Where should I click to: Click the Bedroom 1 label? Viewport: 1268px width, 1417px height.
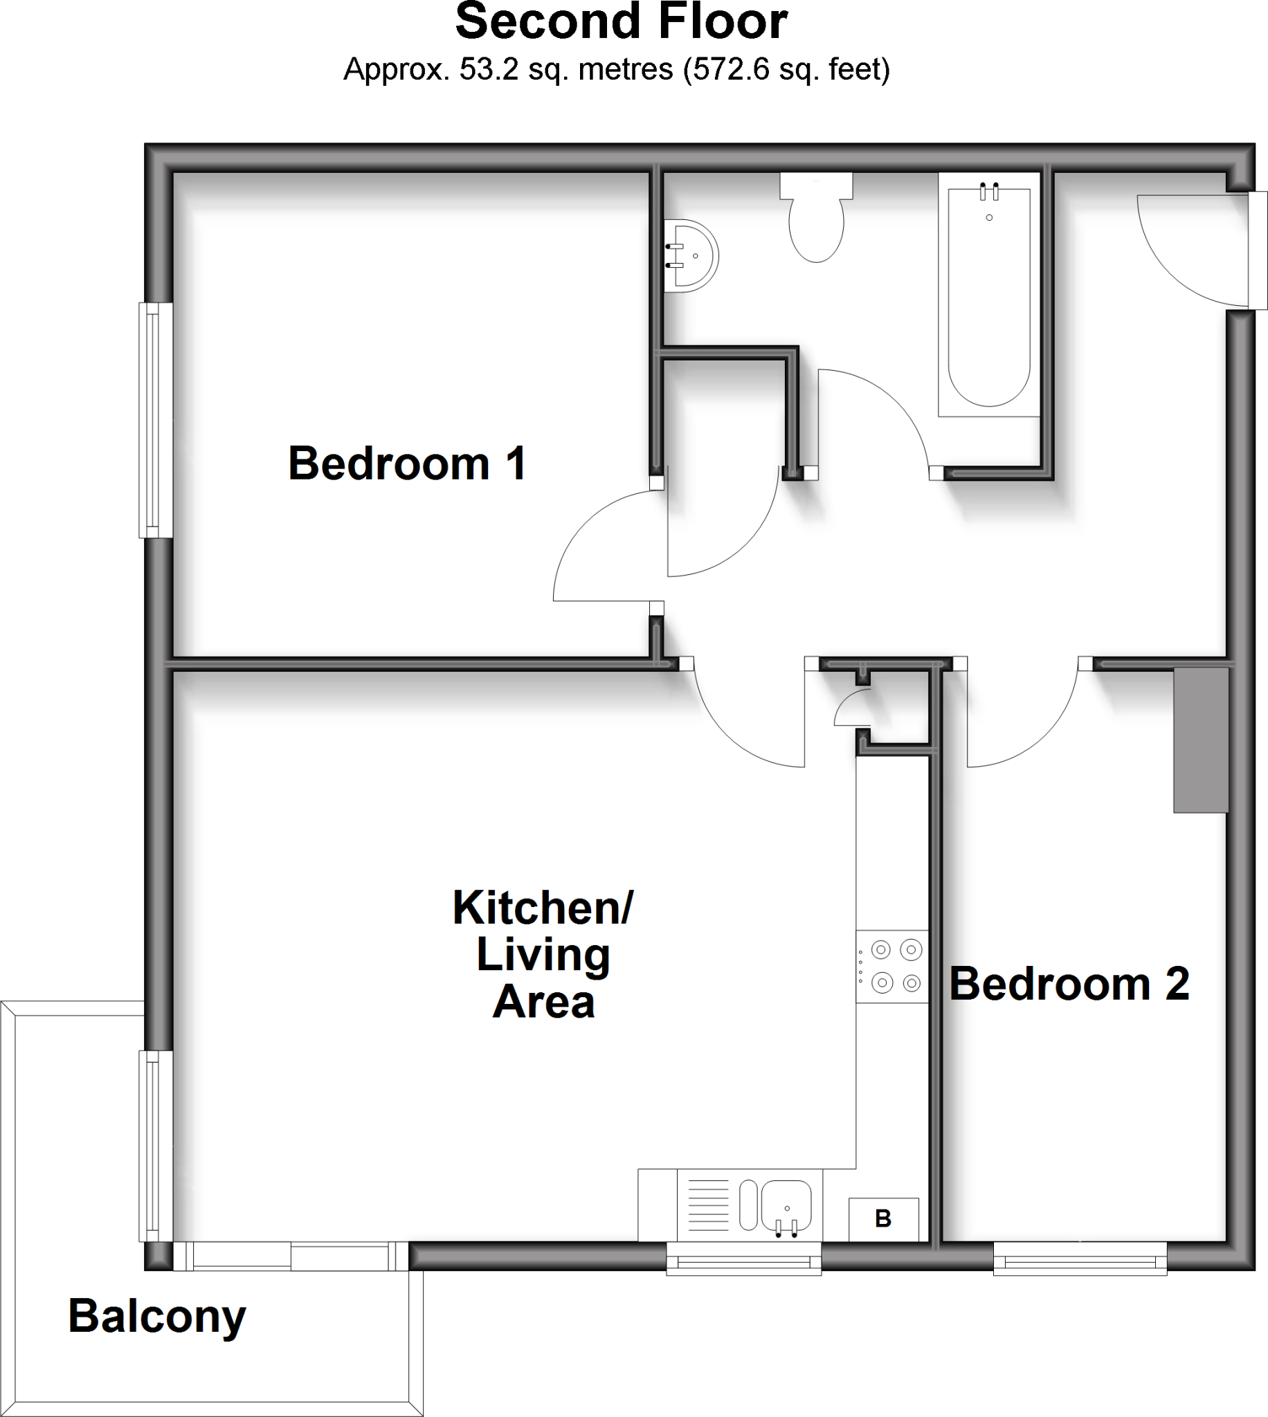407,464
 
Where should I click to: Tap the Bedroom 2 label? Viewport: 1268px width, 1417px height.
1069,984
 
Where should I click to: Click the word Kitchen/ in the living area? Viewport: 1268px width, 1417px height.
543,907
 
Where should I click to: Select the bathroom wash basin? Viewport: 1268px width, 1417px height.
690,255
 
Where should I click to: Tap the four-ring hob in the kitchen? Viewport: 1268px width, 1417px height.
892,967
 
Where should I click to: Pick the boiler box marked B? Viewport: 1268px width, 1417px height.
883,1219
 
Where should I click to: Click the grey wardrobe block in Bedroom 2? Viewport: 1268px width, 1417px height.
1200,740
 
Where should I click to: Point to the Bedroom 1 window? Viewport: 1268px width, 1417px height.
155,420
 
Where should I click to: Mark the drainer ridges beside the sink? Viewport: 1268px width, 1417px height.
708,1205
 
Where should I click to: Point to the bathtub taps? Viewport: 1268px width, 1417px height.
989,191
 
